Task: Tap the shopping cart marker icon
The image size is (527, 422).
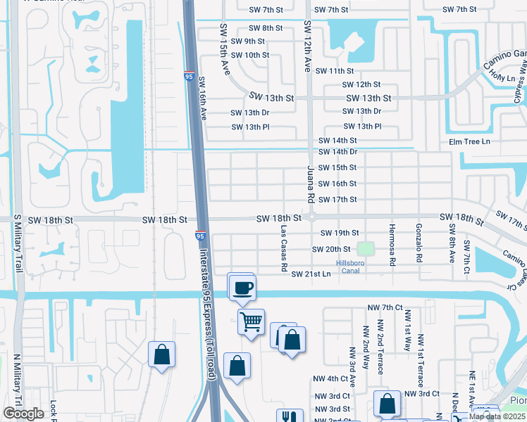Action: click(251, 322)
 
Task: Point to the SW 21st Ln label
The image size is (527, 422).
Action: click(311, 274)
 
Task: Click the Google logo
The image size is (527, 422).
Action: click(23, 414)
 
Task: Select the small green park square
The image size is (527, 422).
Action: click(364, 248)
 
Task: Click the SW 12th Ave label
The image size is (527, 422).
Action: click(307, 46)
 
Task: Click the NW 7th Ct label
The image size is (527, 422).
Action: click(389, 308)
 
